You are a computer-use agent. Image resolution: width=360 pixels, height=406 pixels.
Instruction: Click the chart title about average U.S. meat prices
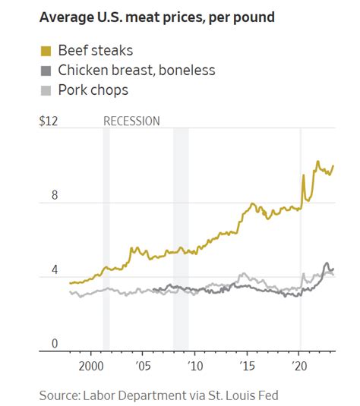156,17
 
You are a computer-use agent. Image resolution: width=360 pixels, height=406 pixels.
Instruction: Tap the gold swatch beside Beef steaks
45,52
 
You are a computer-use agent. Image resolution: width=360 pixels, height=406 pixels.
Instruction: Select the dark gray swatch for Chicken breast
45,71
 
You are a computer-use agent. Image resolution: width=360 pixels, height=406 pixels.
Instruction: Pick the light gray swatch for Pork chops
45,90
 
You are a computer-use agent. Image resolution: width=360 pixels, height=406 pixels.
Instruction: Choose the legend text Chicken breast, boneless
137,71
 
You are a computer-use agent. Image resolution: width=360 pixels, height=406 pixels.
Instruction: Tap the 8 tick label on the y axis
54,195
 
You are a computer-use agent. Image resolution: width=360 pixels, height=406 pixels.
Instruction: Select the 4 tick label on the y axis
54,269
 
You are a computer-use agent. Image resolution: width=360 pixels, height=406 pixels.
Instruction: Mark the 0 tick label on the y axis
54,344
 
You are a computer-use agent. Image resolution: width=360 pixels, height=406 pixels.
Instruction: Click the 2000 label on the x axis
90,365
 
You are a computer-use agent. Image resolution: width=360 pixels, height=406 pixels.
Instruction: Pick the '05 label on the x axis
143,365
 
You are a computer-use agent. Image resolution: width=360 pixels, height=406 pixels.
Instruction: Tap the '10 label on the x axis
195,365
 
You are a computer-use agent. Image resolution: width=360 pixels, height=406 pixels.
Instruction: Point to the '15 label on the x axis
248,365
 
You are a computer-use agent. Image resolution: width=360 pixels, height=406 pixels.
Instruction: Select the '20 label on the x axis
300,365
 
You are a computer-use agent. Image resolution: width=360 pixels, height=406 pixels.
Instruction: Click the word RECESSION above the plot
131,121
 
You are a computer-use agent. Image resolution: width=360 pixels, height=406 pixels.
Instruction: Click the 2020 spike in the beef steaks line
303,176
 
